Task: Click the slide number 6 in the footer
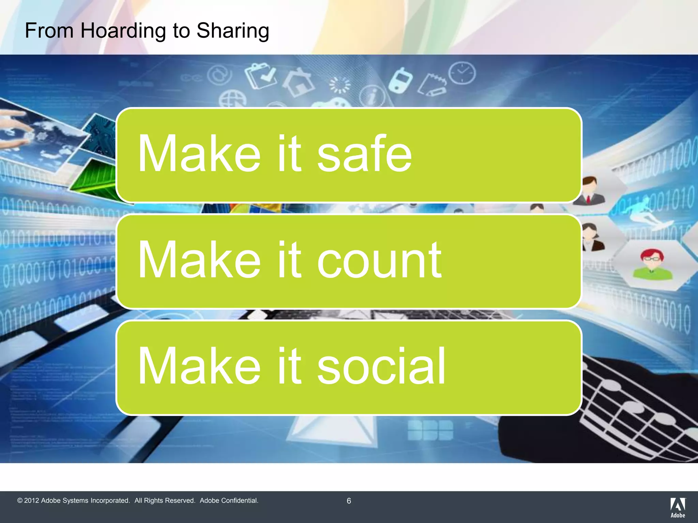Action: pyautogui.click(x=349, y=501)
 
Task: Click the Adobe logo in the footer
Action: pyautogui.click(x=678, y=507)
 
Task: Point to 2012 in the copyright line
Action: pyautogui.click(x=31, y=501)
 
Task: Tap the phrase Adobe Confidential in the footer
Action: pyautogui.click(x=229, y=501)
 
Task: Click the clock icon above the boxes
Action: pyautogui.click(x=462, y=73)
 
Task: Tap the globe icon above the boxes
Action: pyautogui.click(x=232, y=99)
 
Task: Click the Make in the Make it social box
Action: pyautogui.click(x=199, y=367)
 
